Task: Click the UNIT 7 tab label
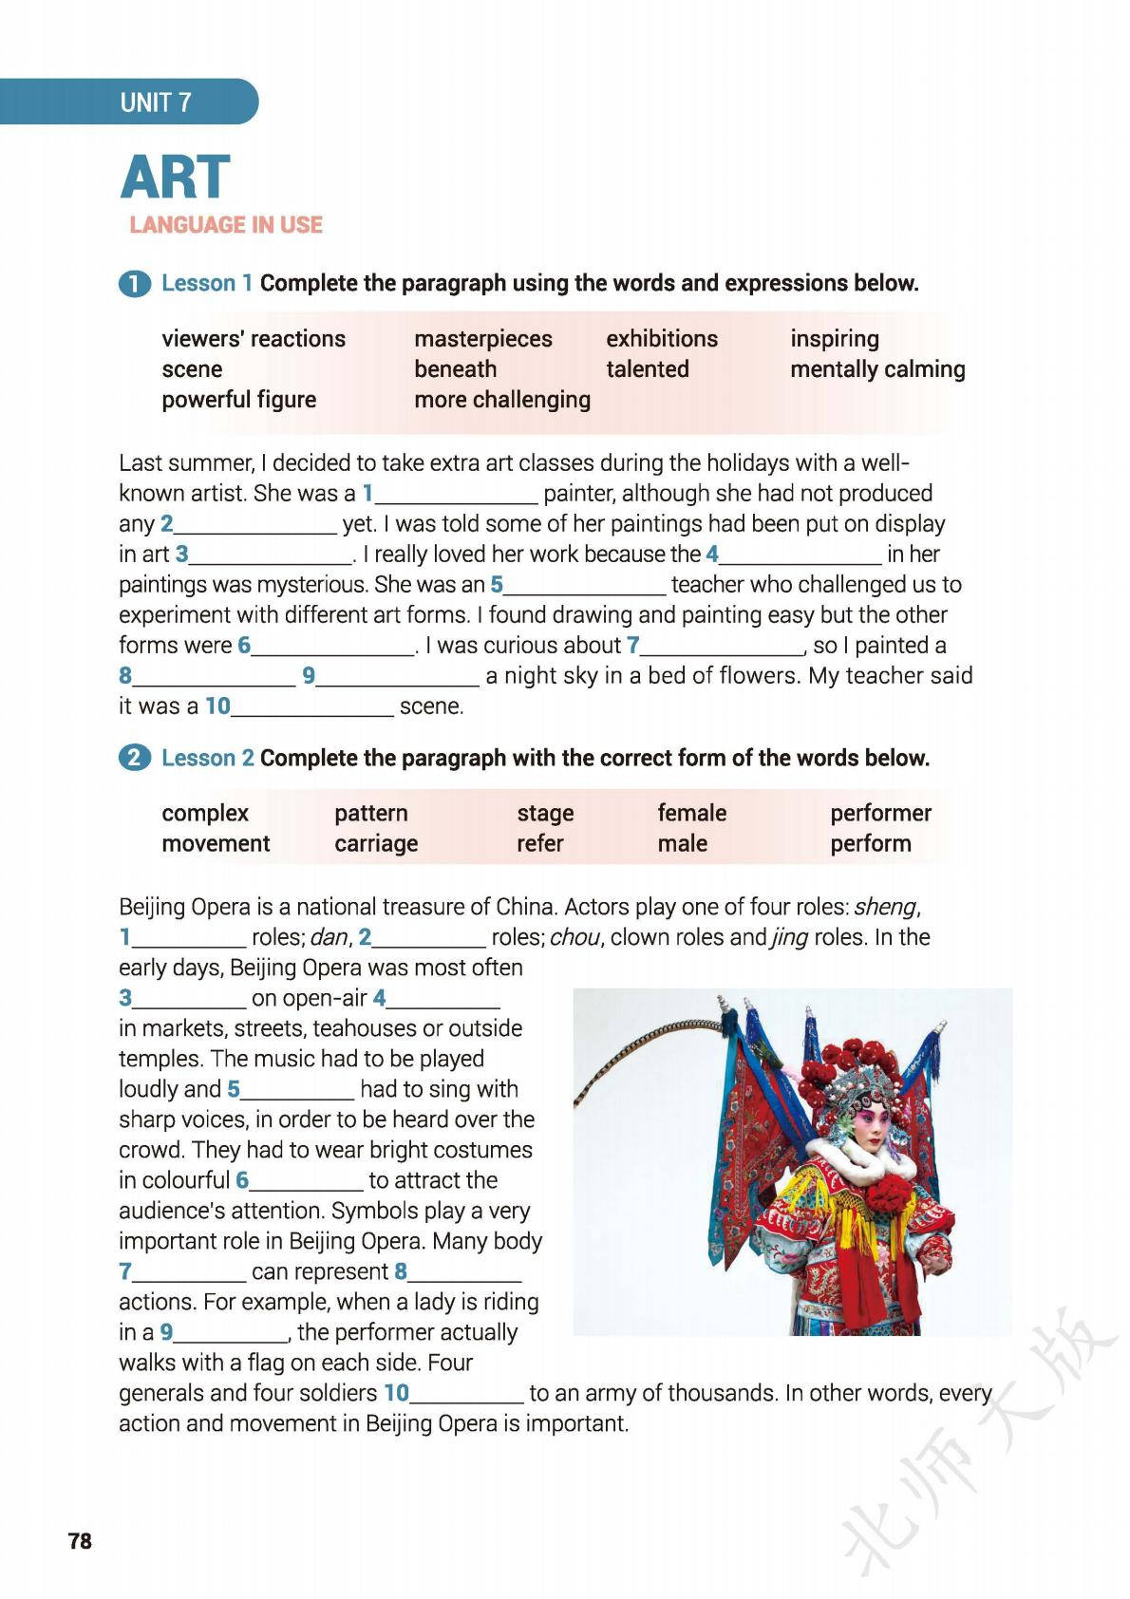tap(156, 103)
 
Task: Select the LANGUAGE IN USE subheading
tap(226, 225)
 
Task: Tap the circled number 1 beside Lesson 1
tap(134, 284)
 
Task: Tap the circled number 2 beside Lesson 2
tap(134, 759)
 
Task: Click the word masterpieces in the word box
tap(482, 339)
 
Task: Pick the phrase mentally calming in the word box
tap(876, 369)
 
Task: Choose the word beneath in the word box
tap(455, 369)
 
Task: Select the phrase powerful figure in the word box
tap(238, 400)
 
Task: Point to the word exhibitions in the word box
tap(662, 339)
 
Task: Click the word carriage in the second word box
tap(376, 844)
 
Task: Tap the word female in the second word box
tap(691, 814)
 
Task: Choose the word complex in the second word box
tap(205, 814)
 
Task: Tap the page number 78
tap(81, 1541)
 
